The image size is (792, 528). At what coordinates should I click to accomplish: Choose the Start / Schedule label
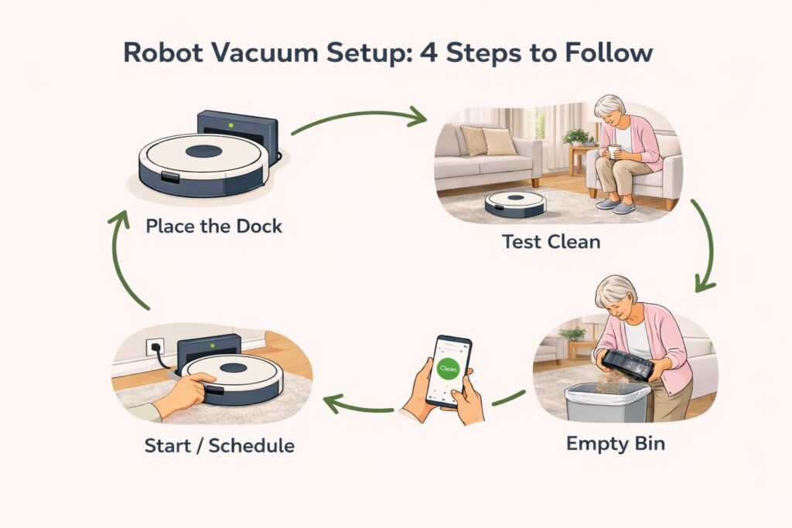click(219, 446)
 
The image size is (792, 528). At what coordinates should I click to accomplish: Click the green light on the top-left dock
click(229, 124)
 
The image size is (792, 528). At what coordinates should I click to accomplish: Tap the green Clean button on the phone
click(448, 370)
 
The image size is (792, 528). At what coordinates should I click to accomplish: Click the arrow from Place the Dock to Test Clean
click(360, 118)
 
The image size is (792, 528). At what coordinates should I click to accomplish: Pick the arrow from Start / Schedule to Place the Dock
click(124, 259)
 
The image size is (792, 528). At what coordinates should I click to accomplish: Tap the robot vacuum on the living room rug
click(515, 203)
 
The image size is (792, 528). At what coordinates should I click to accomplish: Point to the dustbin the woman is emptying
click(628, 363)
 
